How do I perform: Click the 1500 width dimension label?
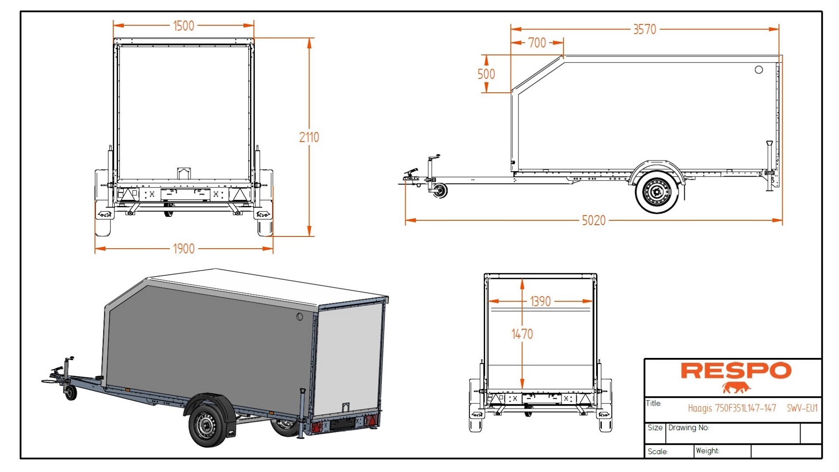point(184,26)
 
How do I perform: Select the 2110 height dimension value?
point(309,137)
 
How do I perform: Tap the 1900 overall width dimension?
point(184,249)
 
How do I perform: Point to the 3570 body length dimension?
point(645,29)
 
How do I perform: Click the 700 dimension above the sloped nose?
point(537,43)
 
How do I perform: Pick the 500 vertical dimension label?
point(486,74)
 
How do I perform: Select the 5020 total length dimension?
point(593,220)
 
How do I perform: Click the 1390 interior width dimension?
point(540,302)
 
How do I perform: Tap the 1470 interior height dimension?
point(522,334)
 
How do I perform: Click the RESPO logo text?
point(736,371)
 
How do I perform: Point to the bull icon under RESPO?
point(736,387)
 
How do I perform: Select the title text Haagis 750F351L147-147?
point(732,408)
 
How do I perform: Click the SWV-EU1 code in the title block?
point(802,408)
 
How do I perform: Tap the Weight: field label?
point(707,451)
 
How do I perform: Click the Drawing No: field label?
point(688,427)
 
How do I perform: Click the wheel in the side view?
point(656,192)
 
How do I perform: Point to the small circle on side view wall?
point(759,69)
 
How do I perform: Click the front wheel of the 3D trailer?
point(205,425)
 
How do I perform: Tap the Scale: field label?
point(657,451)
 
